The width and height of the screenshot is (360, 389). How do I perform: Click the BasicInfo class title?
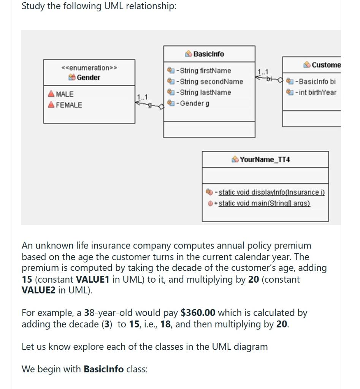[209, 54]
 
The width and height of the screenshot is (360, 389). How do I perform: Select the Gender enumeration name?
[88, 77]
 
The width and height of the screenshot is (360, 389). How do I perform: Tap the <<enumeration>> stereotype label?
[89, 68]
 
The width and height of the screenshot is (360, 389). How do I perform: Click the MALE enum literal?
[65, 94]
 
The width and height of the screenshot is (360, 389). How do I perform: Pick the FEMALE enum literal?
[69, 105]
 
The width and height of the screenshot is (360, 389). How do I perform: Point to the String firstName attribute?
[205, 71]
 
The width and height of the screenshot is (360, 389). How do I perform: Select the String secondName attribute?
[211, 82]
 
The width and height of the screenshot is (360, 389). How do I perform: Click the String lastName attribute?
[205, 92]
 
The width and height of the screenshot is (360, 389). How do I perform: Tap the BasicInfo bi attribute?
[317, 82]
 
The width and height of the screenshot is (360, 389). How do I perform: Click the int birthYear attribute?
[317, 92]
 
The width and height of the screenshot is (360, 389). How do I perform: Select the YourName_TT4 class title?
[265, 160]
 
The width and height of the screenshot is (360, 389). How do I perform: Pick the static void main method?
[264, 203]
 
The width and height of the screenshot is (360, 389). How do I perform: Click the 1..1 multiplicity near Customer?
[263, 72]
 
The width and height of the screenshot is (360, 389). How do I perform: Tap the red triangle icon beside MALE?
[51, 94]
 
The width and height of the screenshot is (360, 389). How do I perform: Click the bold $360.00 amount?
[198, 313]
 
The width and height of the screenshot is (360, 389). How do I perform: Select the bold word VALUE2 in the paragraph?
[38, 291]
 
